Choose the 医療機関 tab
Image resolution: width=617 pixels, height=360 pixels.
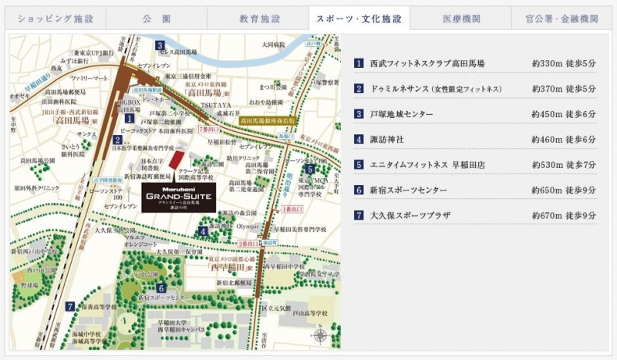coord(460,17)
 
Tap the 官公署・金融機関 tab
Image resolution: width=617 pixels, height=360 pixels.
coord(563,17)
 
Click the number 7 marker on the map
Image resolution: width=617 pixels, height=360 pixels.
coord(70,306)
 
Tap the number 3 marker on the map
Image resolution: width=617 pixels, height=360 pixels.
coord(160,45)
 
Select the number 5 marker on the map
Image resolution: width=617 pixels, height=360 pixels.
coord(309,169)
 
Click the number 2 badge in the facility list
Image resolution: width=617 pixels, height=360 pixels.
coord(359,88)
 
